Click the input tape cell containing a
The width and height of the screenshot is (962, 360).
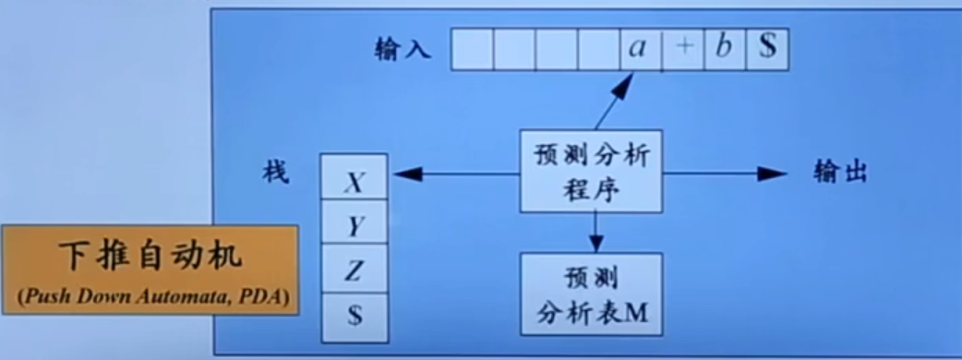click(x=639, y=49)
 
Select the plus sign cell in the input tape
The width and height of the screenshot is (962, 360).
click(x=682, y=49)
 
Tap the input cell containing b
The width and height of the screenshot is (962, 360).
click(x=725, y=49)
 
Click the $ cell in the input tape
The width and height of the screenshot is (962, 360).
click(x=767, y=49)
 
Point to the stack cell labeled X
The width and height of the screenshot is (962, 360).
click(x=354, y=184)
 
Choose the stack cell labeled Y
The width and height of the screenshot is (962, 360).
click(x=354, y=226)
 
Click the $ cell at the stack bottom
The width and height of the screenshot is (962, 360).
click(x=354, y=313)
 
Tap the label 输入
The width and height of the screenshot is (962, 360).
click(x=403, y=48)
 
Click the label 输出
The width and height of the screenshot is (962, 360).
click(x=840, y=173)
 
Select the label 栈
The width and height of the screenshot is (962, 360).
click(x=276, y=173)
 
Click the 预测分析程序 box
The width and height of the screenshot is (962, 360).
click(x=592, y=172)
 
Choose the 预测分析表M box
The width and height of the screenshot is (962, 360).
click(x=592, y=294)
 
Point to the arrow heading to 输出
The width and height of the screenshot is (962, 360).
click(x=725, y=173)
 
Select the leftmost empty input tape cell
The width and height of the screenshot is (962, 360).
click(x=472, y=49)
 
